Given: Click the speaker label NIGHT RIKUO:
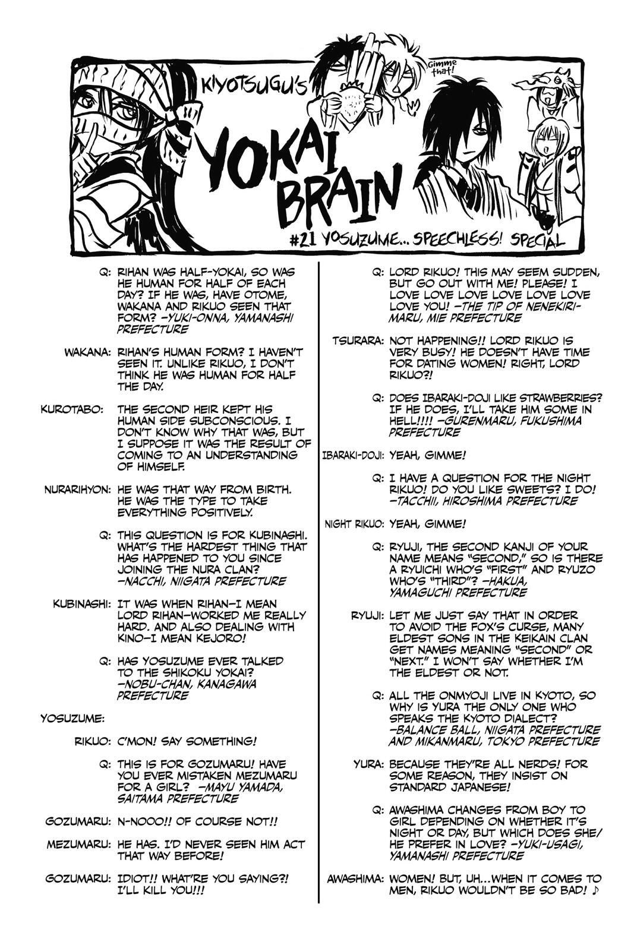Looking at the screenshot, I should [355, 524].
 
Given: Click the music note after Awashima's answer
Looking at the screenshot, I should [596, 890].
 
